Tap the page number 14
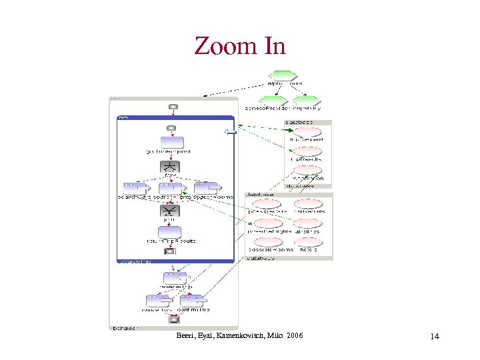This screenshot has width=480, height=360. coord(435,337)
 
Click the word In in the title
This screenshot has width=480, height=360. coord(274,46)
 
